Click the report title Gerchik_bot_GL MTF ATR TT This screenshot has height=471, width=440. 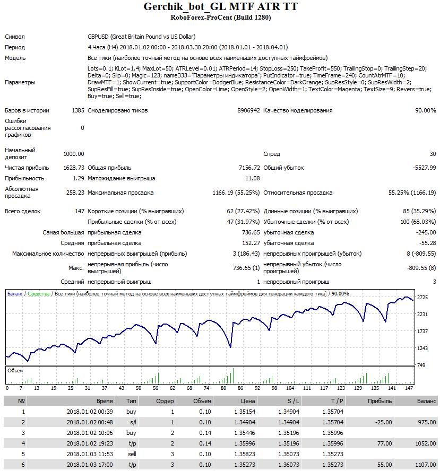pyautogui.click(x=220, y=6)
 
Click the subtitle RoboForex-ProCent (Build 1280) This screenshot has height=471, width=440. pyautogui.click(x=220, y=18)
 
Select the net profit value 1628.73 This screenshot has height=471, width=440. pyautogui.click(x=73, y=168)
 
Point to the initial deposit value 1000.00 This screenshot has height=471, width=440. pyautogui.click(x=73, y=154)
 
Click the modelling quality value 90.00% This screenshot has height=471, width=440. pyautogui.click(x=425, y=110)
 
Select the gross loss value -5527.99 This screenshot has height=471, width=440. pyautogui.click(x=424, y=168)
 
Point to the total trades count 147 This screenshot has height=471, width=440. pyautogui.click(x=80, y=211)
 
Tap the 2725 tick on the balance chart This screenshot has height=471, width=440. pyautogui.click(x=422, y=298)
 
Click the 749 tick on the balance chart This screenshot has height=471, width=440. pyautogui.click(x=421, y=365)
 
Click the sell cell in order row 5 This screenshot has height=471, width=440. pyautogui.click(x=131, y=454)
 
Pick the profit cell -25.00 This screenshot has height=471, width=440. pyautogui.click(x=382, y=422)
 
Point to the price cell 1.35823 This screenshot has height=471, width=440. pyautogui.click(x=244, y=454)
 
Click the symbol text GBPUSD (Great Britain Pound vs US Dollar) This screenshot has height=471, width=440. pyautogui.click(x=141, y=37)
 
